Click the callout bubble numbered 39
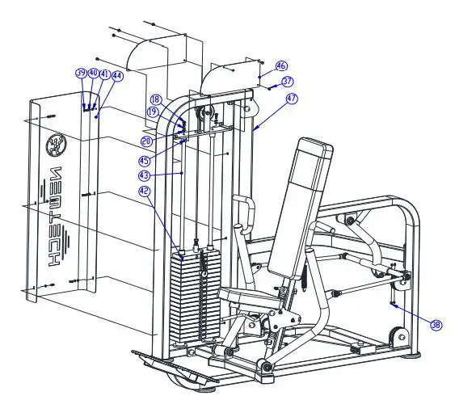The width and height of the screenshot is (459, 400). click(x=81, y=73)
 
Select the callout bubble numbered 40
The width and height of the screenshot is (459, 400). click(x=93, y=73)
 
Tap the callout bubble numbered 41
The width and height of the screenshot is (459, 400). click(x=105, y=74)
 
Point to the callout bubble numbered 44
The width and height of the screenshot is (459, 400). click(x=118, y=75)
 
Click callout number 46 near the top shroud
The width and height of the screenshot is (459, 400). click(x=281, y=65)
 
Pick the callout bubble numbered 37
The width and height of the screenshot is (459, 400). click(x=288, y=82)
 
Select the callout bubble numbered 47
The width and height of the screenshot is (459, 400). click(x=291, y=98)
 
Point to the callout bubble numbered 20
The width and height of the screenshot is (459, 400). click(x=146, y=141)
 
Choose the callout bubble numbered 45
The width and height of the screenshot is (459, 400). click(x=145, y=159)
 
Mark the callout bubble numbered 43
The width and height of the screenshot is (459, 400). click(x=145, y=175)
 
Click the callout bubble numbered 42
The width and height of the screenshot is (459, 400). click(x=145, y=192)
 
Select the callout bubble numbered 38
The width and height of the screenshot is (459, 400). click(x=436, y=325)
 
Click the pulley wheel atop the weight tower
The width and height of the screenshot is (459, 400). click(x=205, y=112)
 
